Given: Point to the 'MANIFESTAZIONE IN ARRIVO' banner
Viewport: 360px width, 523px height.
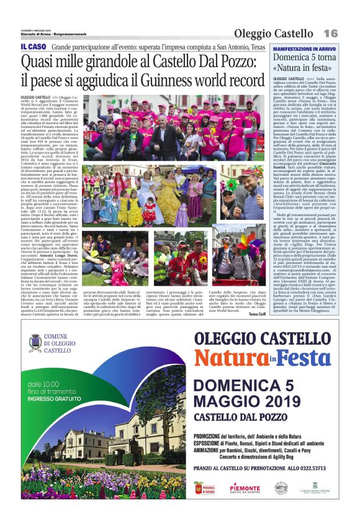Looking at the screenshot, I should click(305, 48).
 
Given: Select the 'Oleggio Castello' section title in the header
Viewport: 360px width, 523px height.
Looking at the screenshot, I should click(274, 33).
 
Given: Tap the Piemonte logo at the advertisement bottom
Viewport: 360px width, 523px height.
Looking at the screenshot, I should click(246, 488).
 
